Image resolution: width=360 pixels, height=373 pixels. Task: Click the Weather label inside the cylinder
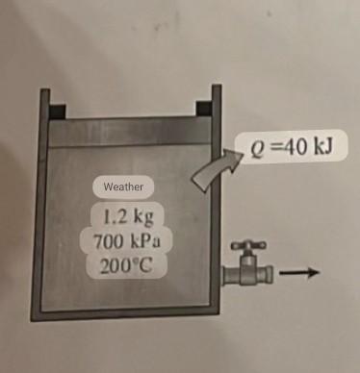(122, 186)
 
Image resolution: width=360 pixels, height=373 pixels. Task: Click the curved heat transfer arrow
(208, 174)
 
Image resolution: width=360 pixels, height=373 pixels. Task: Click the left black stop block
(59, 109)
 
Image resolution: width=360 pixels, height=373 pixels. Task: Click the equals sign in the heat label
(270, 151)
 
